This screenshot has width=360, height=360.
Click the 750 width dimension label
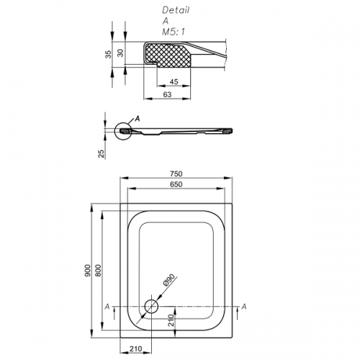pos(176,174)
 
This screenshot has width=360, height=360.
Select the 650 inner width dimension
pos(176,184)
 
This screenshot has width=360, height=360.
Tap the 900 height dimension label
pos(88,270)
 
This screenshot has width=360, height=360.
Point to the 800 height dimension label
pos(99,270)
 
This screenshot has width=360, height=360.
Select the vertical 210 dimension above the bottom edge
pos(171,320)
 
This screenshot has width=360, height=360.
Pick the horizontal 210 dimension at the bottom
pos(135,348)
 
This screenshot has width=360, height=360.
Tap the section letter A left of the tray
pos(107,307)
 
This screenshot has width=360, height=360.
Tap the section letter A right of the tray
pos(244,307)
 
